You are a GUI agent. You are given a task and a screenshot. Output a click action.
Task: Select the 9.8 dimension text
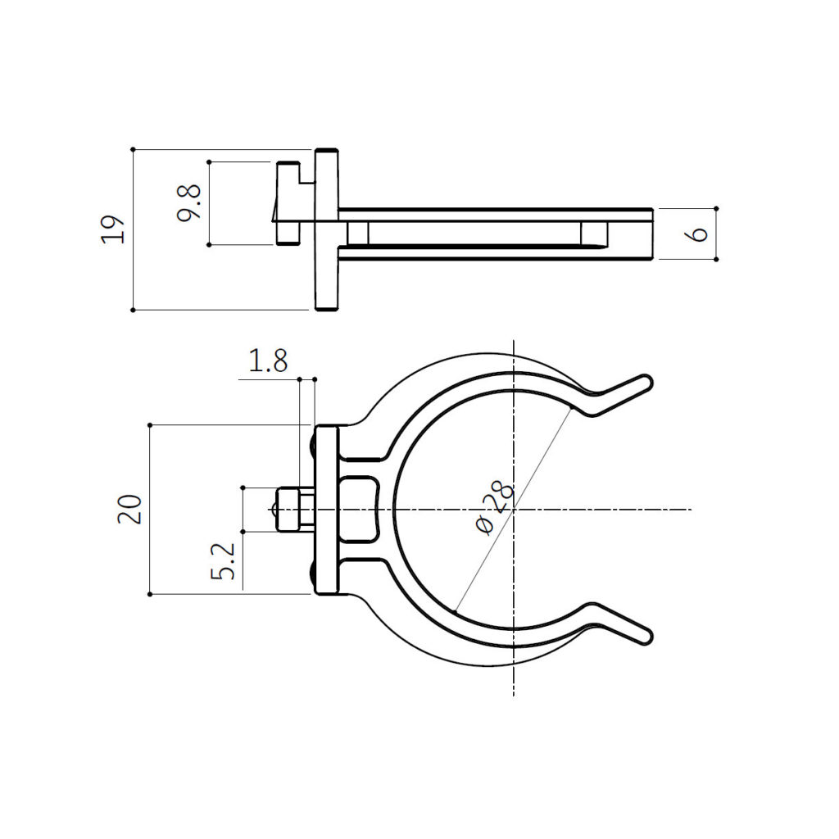pyautogui.click(x=189, y=202)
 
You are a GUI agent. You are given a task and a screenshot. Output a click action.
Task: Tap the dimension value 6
pyautogui.click(x=697, y=234)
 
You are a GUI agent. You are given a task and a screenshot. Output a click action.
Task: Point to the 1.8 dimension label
pyautogui.click(x=268, y=361)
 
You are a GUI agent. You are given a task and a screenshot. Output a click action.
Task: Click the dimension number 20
pyautogui.click(x=131, y=509)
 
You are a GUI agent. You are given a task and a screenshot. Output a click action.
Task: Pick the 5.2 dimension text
pyautogui.click(x=228, y=561)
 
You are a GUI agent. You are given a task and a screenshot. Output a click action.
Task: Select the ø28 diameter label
pyautogui.click(x=495, y=507)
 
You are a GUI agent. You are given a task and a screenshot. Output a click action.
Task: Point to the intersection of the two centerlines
pyautogui.click(x=513, y=509)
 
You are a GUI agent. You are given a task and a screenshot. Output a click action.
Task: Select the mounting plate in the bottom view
pyautogui.click(x=327, y=510)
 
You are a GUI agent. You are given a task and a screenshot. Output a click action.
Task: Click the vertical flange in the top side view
pyautogui.click(x=327, y=229)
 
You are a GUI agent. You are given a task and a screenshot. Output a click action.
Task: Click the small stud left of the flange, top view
pyautogui.click(x=286, y=203)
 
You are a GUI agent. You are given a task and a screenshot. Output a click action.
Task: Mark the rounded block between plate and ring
pyautogui.click(x=359, y=509)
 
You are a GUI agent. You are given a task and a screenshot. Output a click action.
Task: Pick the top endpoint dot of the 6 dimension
pyautogui.click(x=716, y=208)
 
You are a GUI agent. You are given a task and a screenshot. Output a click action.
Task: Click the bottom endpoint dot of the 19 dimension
pyautogui.click(x=133, y=310)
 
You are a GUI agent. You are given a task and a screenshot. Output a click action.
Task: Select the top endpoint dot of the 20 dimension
pyautogui.click(x=150, y=424)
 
